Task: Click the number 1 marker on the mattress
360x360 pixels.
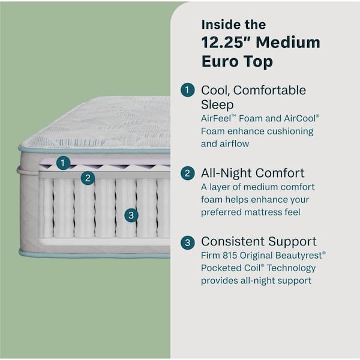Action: coord(64,162)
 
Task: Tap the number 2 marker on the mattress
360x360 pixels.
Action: coord(88,178)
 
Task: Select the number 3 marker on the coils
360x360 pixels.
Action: coord(132,214)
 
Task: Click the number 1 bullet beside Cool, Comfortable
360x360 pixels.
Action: coord(188,91)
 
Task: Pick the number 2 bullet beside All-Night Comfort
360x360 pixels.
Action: coord(188,173)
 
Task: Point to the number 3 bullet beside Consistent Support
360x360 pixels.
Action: coord(188,242)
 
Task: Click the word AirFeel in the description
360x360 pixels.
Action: coord(218,119)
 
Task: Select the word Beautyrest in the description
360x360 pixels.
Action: coord(301,256)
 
